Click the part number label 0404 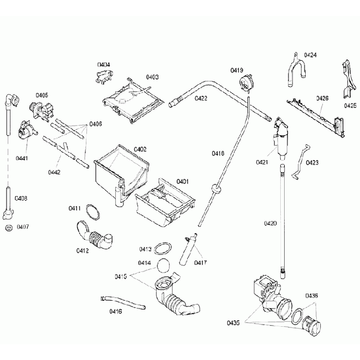point(104,65)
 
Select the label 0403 point(152,77)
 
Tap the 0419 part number point(237,70)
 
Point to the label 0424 point(310,55)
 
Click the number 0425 point(350,105)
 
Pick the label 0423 point(312,163)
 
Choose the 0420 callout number point(270,223)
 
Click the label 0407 point(23,227)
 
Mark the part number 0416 point(116,312)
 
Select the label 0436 point(311,296)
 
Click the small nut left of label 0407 point(8,227)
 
